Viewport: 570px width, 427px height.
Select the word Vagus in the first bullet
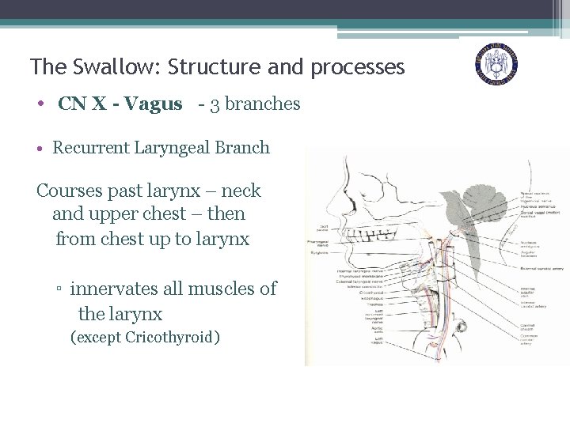154,104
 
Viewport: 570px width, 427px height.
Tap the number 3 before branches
215,104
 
